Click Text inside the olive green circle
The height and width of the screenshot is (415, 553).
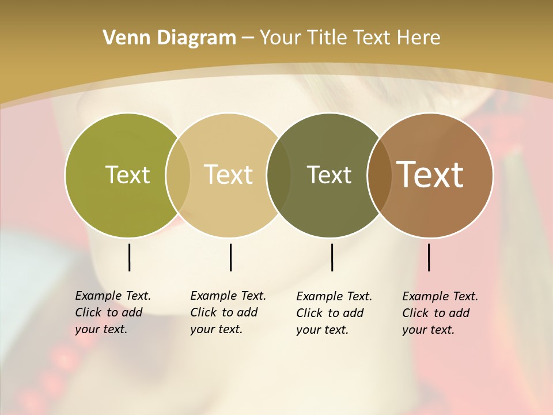(x=127, y=175)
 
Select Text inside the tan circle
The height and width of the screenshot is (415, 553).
(x=229, y=175)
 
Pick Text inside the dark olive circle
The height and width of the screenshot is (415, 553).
(x=329, y=175)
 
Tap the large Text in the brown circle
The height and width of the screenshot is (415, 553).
(x=430, y=175)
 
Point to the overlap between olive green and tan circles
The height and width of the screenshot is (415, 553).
(x=178, y=175)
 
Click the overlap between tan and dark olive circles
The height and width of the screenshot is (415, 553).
(x=279, y=175)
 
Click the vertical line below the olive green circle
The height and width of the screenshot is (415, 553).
(x=129, y=257)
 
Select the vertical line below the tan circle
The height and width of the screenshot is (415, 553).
(x=230, y=257)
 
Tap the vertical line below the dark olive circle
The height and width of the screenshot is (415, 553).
(x=332, y=257)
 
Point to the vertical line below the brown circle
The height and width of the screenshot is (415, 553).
(x=429, y=257)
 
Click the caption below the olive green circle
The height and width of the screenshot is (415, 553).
(x=112, y=312)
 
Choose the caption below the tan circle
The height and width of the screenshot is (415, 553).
(x=228, y=312)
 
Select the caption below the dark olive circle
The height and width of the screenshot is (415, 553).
(x=334, y=313)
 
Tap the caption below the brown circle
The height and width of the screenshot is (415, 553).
(x=440, y=313)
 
